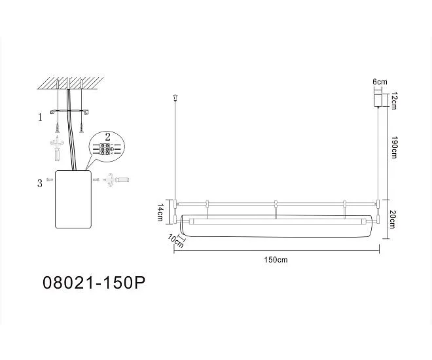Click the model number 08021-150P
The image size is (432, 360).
click(94, 283)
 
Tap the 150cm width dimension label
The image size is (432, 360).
click(276, 260)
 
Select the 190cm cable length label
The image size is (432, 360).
click(393, 147)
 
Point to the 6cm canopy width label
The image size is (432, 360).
click(380, 82)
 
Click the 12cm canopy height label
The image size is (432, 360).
click(393, 101)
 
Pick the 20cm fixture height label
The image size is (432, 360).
click(393, 219)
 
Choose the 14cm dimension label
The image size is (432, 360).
click(160, 212)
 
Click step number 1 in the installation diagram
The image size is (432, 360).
click(40, 118)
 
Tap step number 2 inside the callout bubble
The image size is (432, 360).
click(107, 136)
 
